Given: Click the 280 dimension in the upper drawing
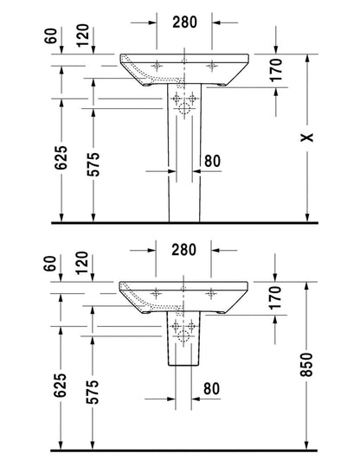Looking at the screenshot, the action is coord(184,22).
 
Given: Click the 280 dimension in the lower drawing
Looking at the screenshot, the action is coord(183,250).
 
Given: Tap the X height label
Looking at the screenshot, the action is coord(306,137).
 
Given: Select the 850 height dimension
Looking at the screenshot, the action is coord(306,365).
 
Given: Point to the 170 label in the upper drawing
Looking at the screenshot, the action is coord(275,70).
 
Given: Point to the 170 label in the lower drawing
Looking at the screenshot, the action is coord(274,297).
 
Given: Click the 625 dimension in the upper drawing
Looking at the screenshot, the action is coord(61,157).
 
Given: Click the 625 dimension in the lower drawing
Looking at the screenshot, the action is coord(60,386).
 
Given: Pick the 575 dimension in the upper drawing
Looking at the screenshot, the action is coord(93,164).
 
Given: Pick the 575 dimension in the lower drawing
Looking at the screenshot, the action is coord(92,392).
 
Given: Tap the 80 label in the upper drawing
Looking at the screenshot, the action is coord(212,161).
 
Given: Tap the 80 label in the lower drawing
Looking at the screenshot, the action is coord(211,388).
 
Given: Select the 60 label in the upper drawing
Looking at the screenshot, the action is coord(50,36).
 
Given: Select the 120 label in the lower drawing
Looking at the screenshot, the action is coord(82,263).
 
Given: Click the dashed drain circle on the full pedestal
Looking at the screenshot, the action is coord(184,109).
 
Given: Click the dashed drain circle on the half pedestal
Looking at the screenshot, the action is coord(183,336).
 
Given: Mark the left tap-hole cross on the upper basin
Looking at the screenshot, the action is coord(157,66).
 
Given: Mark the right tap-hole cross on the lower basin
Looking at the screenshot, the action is coord(211,293).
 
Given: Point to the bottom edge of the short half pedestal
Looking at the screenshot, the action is coord(183,365).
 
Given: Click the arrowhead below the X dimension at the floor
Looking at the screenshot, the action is coord(307,218).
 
